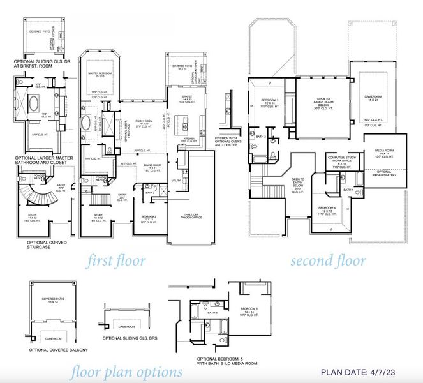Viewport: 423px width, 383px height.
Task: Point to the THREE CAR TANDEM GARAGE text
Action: [193, 216]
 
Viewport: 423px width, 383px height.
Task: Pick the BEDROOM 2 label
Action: [151, 218]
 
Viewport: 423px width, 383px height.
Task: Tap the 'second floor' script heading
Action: [328, 260]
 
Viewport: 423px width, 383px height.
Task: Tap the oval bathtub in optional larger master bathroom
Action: [31, 102]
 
